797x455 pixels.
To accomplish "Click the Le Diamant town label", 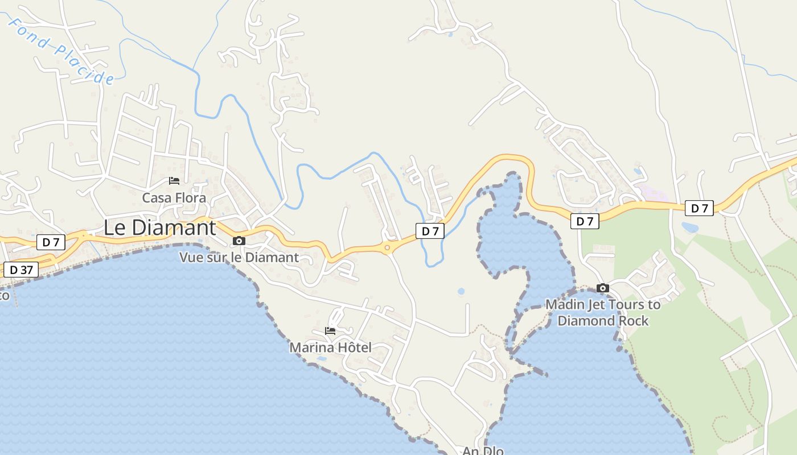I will pyautogui.click(x=159, y=227).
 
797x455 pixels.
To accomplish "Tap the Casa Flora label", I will pyautogui.click(x=174, y=198).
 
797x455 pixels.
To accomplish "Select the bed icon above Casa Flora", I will pyautogui.click(x=174, y=181).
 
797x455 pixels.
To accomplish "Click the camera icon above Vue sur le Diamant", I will pyautogui.click(x=239, y=241).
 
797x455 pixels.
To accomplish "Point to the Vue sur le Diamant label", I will pyautogui.click(x=239, y=257).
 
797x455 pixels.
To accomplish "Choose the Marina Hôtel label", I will pyautogui.click(x=330, y=347).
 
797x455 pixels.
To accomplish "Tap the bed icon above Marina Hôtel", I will pyautogui.click(x=330, y=330).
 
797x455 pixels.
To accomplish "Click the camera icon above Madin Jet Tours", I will pyautogui.click(x=602, y=288).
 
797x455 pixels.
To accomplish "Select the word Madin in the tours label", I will pyautogui.click(x=564, y=304).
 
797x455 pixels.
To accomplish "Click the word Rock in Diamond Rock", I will pyautogui.click(x=634, y=321).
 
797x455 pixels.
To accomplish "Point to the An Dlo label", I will pyautogui.click(x=483, y=451).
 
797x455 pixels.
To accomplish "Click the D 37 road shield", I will pyautogui.click(x=21, y=270).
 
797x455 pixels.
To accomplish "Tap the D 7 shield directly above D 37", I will pyautogui.click(x=51, y=242).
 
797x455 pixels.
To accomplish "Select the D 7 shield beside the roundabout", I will pyautogui.click(x=430, y=231).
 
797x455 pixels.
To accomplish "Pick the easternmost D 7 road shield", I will pyautogui.click(x=699, y=208).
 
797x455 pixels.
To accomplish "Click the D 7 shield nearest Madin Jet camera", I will pyautogui.click(x=585, y=221).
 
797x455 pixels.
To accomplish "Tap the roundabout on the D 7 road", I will pyautogui.click(x=387, y=247).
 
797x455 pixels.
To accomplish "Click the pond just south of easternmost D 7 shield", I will pyautogui.click(x=690, y=227).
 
